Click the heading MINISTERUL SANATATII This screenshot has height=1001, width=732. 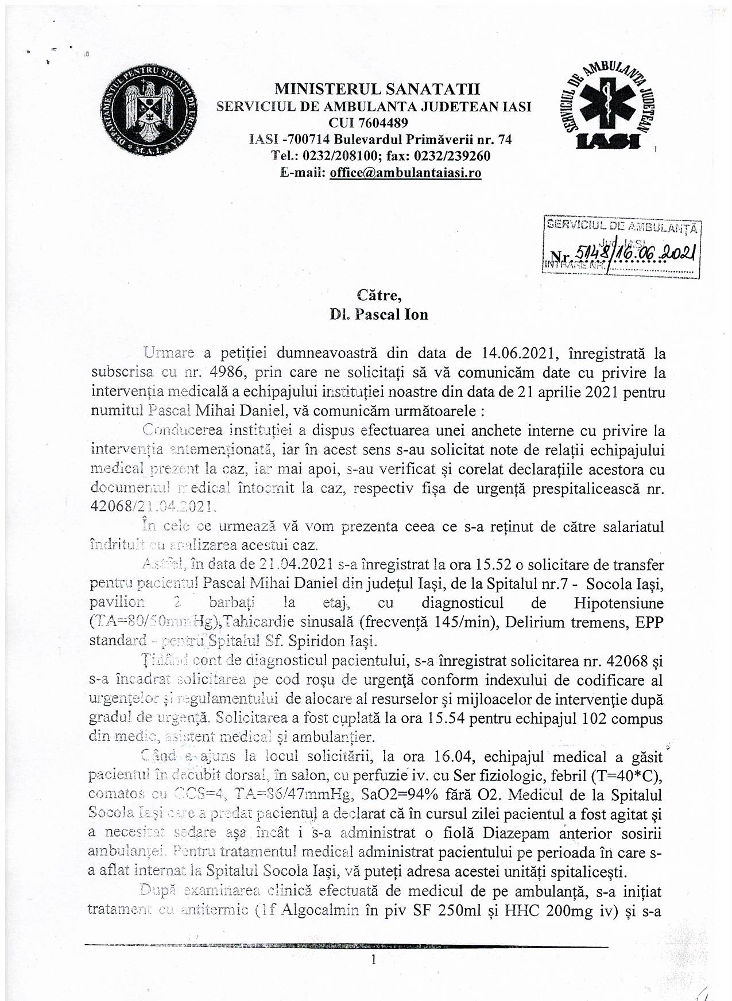(377, 89)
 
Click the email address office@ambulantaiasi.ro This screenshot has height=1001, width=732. (405, 173)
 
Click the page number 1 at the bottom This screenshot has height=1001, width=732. (374, 959)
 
